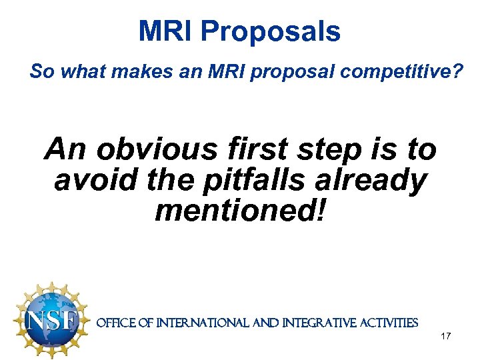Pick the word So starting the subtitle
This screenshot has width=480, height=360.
[41, 71]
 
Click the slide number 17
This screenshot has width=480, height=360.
[446, 337]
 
